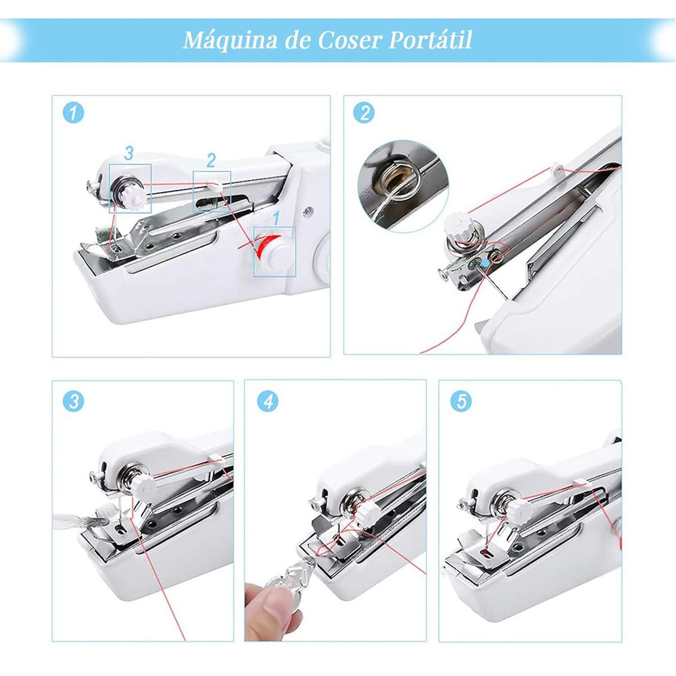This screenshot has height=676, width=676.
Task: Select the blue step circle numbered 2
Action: click(364, 113)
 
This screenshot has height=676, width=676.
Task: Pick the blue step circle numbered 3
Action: click(74, 402)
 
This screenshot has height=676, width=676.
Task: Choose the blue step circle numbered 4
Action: click(268, 402)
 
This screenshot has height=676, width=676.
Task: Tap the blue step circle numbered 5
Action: click(462, 402)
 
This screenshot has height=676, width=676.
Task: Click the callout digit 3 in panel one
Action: click(129, 153)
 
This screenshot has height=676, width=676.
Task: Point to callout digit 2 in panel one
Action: click(211, 161)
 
